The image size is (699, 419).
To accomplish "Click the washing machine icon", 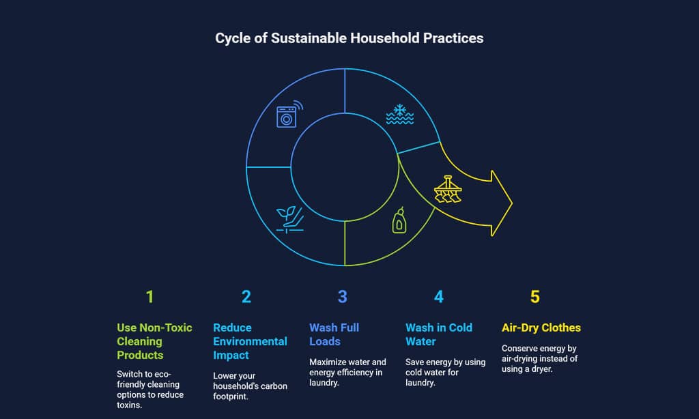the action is click(x=289, y=115).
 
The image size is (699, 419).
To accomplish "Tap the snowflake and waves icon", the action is click(x=400, y=115).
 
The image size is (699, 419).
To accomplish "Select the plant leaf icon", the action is click(x=289, y=219).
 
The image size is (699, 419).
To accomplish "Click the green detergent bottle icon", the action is click(x=399, y=220).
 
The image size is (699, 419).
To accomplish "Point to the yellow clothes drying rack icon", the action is click(x=448, y=190).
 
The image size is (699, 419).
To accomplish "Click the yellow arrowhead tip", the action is click(x=512, y=203).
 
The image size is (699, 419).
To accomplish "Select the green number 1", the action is click(x=149, y=297).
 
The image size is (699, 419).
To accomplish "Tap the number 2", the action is click(x=246, y=297).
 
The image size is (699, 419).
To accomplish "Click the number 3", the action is click(x=343, y=297).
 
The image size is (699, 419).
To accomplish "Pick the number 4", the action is click(x=439, y=297).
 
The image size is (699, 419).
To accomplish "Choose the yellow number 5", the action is click(x=535, y=297).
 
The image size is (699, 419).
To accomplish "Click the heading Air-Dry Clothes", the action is click(x=541, y=328).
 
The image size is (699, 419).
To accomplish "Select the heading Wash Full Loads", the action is click(x=334, y=334).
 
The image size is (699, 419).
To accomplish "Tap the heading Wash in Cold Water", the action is click(x=439, y=334).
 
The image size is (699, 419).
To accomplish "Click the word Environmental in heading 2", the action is click(x=250, y=341).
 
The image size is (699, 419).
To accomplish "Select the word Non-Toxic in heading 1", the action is click(x=166, y=328).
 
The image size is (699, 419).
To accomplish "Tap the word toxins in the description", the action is click(x=129, y=405).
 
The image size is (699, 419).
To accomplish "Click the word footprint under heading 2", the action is click(x=231, y=396).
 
